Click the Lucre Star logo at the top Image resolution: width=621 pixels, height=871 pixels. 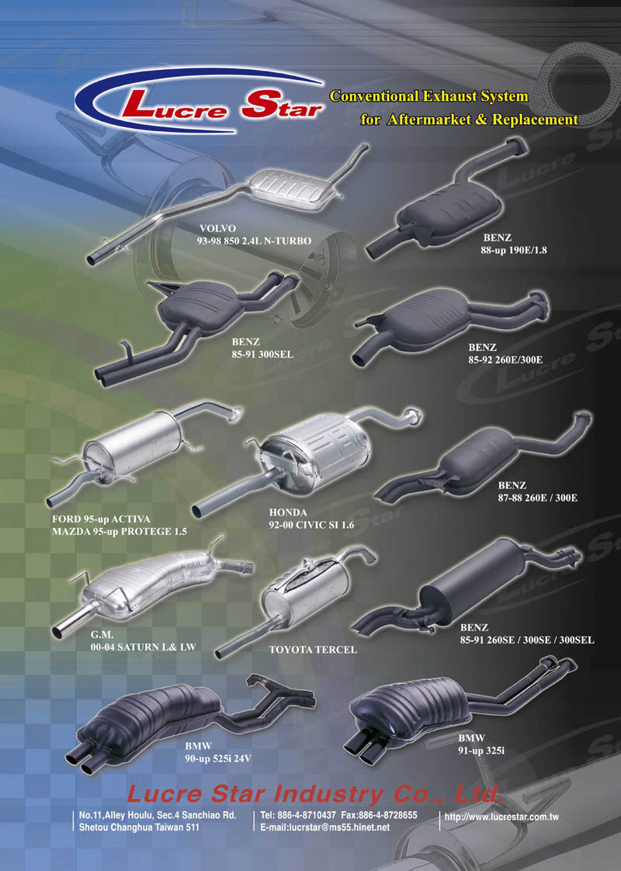tap(200, 102)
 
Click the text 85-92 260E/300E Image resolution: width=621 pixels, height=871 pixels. tap(505, 359)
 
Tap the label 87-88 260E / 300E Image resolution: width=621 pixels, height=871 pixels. tap(537, 498)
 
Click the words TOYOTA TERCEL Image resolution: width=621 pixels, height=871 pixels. tap(313, 649)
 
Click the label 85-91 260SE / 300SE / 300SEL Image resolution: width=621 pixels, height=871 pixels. tap(526, 640)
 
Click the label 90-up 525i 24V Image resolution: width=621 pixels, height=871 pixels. tap(218, 758)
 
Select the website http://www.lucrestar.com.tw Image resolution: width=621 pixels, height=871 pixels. tap(501, 817)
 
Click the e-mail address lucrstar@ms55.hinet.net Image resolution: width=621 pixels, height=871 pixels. tap(325, 828)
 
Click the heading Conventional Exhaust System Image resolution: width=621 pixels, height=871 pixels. tap(428, 96)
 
